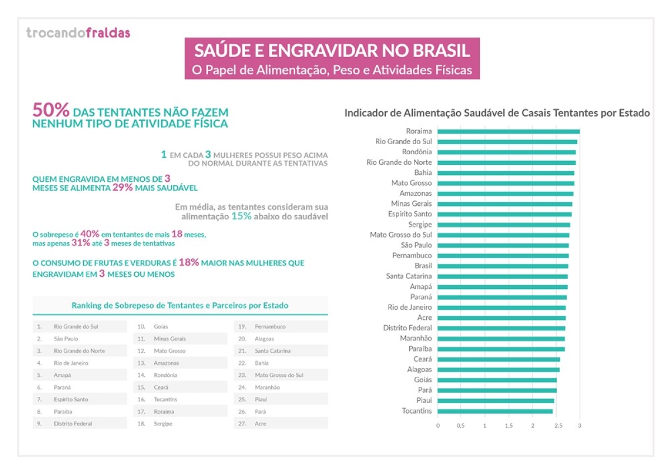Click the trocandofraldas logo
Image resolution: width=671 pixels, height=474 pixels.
[78, 33]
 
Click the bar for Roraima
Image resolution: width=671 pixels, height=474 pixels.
[508, 131]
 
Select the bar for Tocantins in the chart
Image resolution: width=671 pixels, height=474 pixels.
[494, 411]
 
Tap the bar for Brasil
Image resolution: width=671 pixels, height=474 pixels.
[502, 266]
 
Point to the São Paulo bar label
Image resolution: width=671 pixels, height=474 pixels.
[416, 245]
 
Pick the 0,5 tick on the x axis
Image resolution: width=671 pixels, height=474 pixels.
[461, 426]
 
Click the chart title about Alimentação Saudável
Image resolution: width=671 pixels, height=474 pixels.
[497, 113]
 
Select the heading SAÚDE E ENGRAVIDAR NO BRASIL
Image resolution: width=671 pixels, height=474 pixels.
[332, 51]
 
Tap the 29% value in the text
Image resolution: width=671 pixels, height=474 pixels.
[122, 188]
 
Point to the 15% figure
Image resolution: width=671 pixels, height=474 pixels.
[242, 216]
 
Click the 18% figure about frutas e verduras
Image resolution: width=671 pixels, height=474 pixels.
[188, 262]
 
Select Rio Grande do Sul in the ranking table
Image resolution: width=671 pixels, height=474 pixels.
[75, 326]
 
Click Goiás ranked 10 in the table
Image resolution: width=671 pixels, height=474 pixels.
[160, 326]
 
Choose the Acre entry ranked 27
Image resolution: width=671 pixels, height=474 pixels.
[261, 424]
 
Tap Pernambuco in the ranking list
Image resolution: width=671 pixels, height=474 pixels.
[271, 326]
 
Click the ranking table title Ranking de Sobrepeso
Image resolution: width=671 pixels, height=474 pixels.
[180, 306]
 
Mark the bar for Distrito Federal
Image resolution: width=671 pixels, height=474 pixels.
[501, 328]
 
